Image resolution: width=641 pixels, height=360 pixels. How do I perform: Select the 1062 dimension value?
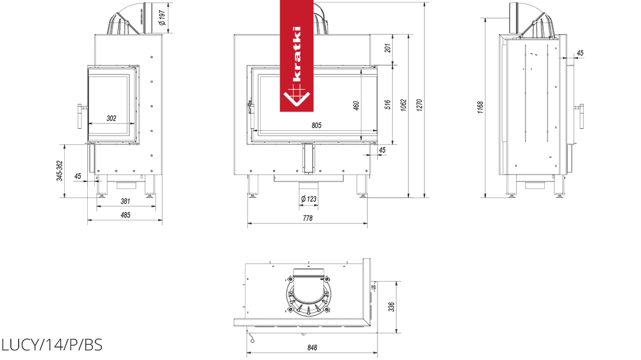click(x=404, y=106)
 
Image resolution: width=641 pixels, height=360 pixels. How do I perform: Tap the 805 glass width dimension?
click(x=317, y=126)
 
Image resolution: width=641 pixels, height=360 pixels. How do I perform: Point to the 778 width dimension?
click(x=308, y=218)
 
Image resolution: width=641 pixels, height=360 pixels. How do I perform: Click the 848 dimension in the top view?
click(x=312, y=348)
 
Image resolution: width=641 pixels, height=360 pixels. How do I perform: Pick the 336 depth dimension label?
click(x=391, y=307)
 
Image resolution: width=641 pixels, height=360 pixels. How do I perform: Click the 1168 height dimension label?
click(x=480, y=107)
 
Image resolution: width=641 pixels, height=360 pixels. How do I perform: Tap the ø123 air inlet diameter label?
click(x=309, y=199)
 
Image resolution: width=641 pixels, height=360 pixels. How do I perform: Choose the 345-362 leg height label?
click(x=60, y=171)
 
